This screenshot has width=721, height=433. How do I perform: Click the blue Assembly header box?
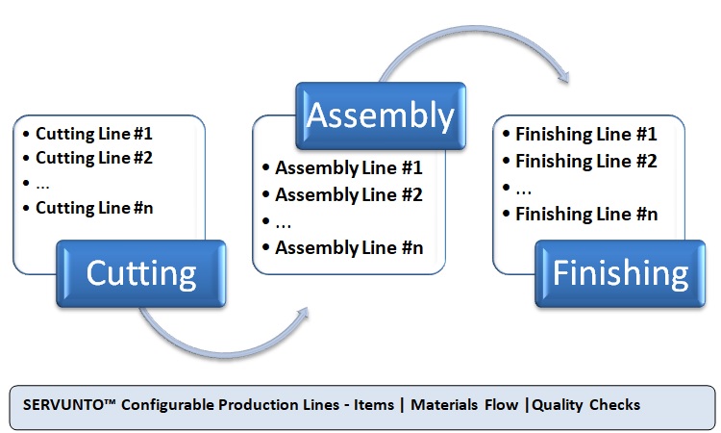click(x=381, y=115)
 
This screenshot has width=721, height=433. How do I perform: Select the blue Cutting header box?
click(x=141, y=273)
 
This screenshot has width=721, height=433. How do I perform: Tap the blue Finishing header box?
click(x=620, y=273)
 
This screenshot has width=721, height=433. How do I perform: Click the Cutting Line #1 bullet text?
click(x=94, y=134)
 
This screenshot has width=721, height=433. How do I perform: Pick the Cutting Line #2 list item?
click(x=94, y=158)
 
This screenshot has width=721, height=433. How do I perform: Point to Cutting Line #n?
click(x=94, y=208)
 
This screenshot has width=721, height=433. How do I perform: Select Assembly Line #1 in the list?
click(x=349, y=168)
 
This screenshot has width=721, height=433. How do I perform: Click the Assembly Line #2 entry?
click(x=349, y=195)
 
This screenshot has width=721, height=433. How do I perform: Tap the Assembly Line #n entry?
click(x=349, y=248)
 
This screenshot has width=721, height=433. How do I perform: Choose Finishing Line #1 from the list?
click(x=586, y=135)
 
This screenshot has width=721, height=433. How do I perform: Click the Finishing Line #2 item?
click(x=586, y=161)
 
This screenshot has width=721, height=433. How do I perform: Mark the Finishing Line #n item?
click(x=586, y=214)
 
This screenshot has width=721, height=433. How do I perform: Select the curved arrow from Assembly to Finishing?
click(x=474, y=29)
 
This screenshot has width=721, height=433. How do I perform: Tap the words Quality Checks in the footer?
click(x=586, y=405)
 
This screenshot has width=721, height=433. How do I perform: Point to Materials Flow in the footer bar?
click(x=464, y=405)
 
